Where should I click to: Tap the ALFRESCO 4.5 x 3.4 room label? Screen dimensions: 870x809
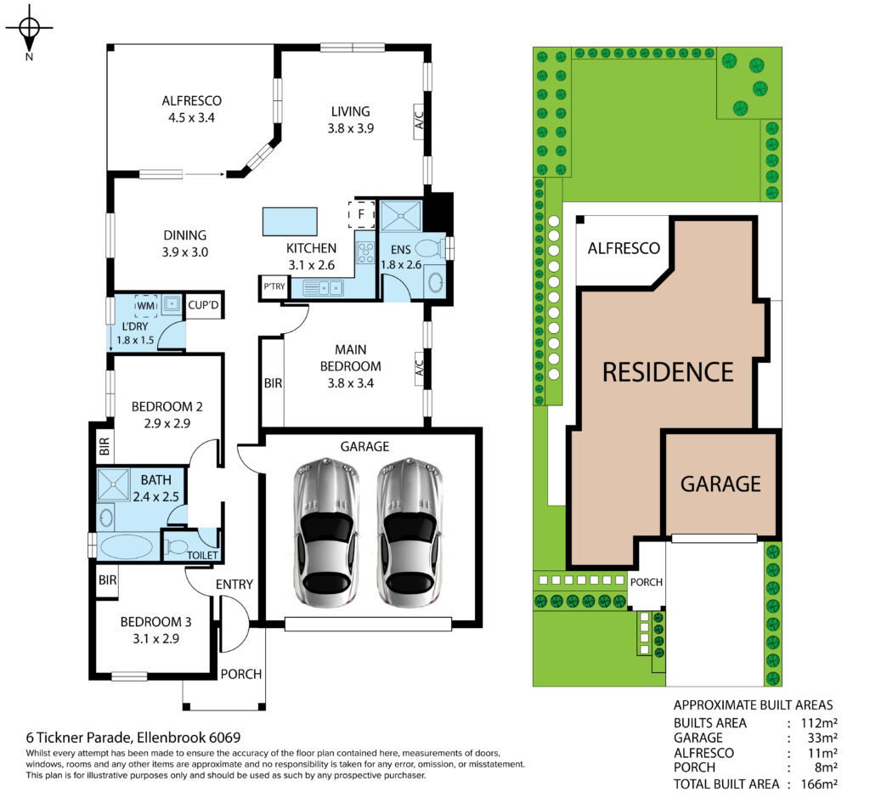(191, 109)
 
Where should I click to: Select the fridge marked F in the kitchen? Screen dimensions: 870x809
(361, 214)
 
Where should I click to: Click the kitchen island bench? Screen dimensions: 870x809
(290, 222)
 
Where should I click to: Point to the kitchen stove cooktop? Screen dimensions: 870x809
(365, 253)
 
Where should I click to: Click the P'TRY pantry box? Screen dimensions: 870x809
(274, 287)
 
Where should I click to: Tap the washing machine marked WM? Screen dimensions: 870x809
(146, 306)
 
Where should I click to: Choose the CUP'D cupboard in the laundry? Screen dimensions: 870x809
(204, 304)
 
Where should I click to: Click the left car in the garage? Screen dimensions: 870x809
(326, 531)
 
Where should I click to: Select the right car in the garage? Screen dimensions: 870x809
(410, 531)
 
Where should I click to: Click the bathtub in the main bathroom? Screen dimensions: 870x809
(127, 546)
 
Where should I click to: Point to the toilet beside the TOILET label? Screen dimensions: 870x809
(178, 546)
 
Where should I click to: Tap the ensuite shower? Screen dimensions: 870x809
(401, 216)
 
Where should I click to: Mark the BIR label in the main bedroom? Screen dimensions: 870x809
(273, 383)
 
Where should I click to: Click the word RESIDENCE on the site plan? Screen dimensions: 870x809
(668, 372)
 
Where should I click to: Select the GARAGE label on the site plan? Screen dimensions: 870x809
(720, 484)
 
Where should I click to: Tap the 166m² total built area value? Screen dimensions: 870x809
(819, 784)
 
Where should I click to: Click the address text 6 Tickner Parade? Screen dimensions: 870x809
(79, 738)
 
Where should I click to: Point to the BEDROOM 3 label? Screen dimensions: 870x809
(156, 621)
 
